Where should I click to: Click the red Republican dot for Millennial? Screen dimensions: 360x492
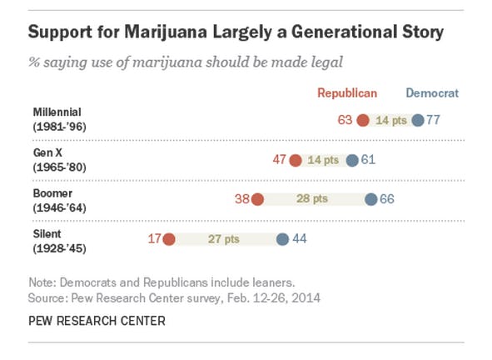pyautogui.click(x=363, y=120)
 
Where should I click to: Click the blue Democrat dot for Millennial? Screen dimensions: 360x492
pyautogui.click(x=418, y=120)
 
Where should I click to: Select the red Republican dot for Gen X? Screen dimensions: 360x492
pyautogui.click(x=296, y=160)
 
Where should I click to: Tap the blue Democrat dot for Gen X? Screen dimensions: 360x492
pyautogui.click(x=352, y=160)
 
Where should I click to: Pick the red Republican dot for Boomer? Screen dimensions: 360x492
pyautogui.click(x=258, y=199)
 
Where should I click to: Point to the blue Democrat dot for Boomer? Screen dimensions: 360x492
pyautogui.click(x=371, y=199)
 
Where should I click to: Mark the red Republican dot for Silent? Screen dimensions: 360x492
pyautogui.click(x=169, y=239)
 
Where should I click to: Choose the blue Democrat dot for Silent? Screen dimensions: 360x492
pyautogui.click(x=283, y=239)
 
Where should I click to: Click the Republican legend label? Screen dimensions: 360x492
pyautogui.click(x=348, y=93)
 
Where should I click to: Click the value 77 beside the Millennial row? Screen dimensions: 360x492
pyautogui.click(x=433, y=120)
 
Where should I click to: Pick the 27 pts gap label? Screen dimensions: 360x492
pyautogui.click(x=224, y=239)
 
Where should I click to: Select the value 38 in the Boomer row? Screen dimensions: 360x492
pyautogui.click(x=242, y=199)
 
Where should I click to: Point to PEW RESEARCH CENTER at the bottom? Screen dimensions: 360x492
pyautogui.click(x=97, y=321)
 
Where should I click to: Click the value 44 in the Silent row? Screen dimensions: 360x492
pyautogui.click(x=300, y=239)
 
